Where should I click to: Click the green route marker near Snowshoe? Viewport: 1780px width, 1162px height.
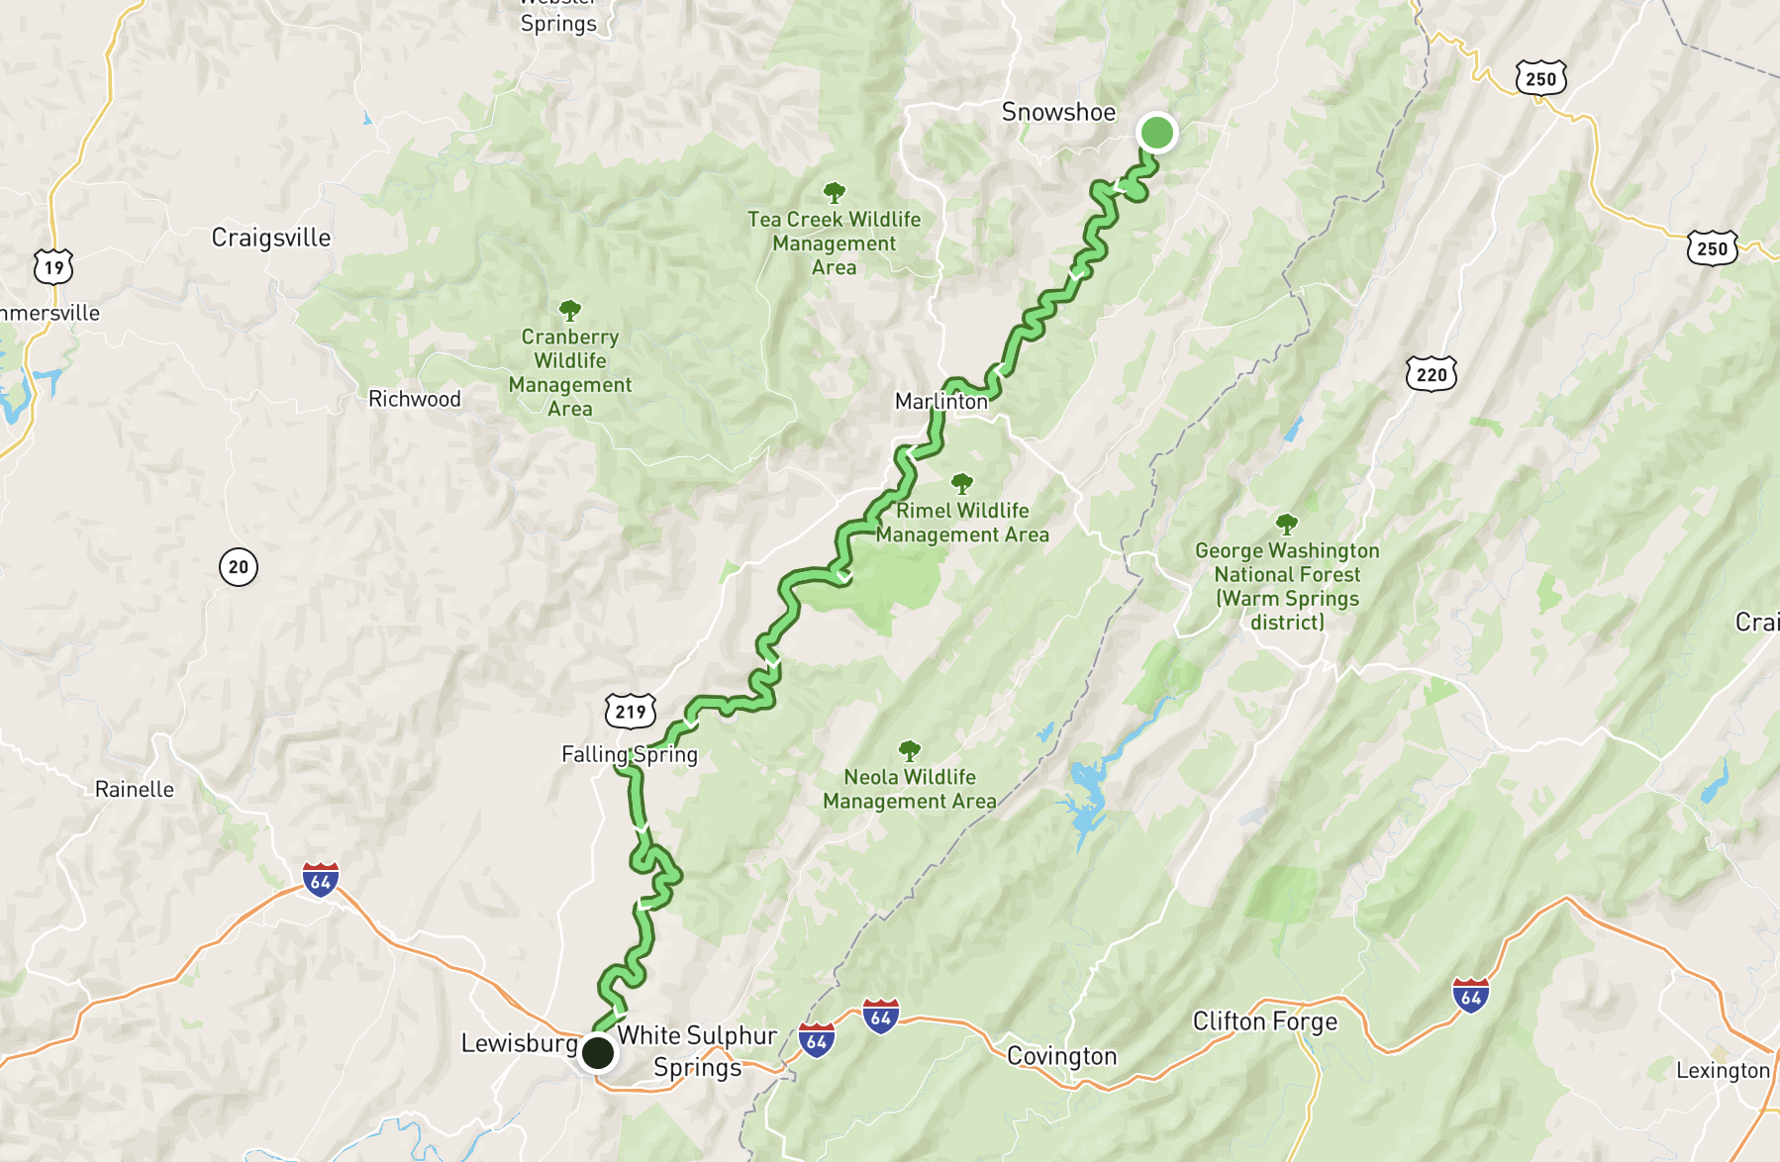point(1156,132)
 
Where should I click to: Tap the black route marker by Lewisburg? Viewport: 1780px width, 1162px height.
point(598,1052)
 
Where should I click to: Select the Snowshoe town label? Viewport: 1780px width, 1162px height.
point(1058,112)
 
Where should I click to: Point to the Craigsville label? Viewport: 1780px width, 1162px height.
point(271,238)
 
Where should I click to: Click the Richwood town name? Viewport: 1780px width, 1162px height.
point(415,399)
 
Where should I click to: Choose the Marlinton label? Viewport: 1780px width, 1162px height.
point(941,401)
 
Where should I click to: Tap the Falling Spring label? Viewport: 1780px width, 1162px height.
point(630,754)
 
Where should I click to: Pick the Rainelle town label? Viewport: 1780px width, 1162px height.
point(135,789)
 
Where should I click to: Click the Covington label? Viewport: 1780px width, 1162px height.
point(1061,1056)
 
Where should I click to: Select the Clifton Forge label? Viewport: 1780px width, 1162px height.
point(1265,1021)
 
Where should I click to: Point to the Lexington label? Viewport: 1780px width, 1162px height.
point(1723,1070)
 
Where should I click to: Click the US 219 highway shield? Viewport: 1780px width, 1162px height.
point(631,711)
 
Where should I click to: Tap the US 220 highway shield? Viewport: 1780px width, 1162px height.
point(1432,374)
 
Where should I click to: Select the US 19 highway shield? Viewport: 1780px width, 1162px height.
point(53,266)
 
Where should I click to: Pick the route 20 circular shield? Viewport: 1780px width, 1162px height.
point(239,567)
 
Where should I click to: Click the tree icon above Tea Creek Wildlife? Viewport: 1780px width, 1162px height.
point(835,191)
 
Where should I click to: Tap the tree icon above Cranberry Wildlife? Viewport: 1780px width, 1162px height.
point(570,310)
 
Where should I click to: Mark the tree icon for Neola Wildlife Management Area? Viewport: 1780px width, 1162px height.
point(910,750)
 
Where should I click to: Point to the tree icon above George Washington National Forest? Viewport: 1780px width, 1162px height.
point(1287,523)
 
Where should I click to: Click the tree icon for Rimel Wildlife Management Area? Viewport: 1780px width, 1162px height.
point(962,483)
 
